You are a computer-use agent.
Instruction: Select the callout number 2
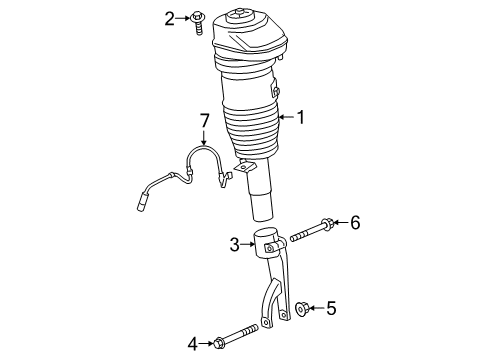point(170,16)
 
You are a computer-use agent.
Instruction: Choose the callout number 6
point(355,222)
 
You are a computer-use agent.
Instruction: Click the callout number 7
point(204,122)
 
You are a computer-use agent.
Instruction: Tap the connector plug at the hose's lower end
point(144,207)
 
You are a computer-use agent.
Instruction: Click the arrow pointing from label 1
point(286,118)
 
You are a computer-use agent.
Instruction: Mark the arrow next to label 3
point(249,242)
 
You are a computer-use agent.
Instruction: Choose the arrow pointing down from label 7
point(204,138)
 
